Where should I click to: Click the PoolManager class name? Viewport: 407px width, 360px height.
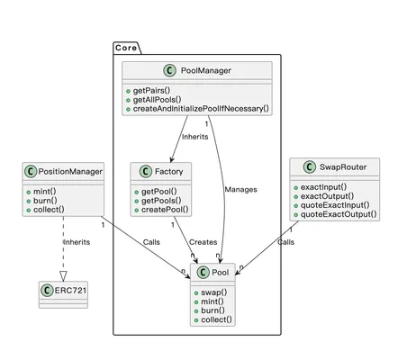click(x=206, y=70)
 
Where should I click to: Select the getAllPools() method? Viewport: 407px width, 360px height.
click(x=157, y=100)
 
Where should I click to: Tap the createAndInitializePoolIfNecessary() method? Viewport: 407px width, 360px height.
click(x=201, y=109)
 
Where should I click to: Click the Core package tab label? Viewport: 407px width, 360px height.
click(x=126, y=48)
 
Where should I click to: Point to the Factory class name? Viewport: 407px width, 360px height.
click(x=168, y=171)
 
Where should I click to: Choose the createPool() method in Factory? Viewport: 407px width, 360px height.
click(x=165, y=210)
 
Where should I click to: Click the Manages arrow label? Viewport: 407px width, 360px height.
click(x=240, y=190)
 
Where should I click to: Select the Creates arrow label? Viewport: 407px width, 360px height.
click(x=203, y=242)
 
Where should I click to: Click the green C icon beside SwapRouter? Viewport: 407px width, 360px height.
click(x=310, y=166)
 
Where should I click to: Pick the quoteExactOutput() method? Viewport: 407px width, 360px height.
click(x=339, y=214)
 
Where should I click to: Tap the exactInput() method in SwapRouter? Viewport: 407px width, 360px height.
click(x=323, y=187)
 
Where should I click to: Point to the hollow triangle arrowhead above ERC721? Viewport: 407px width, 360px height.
click(x=63, y=276)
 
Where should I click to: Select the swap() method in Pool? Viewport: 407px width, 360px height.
click(x=214, y=292)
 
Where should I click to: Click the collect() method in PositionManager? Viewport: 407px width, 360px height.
click(x=49, y=210)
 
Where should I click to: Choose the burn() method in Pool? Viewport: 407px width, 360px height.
click(x=213, y=310)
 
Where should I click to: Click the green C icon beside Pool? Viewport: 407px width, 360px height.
click(x=203, y=272)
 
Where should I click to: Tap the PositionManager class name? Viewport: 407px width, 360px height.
click(x=70, y=172)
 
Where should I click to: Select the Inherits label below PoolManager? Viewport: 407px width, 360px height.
click(x=194, y=137)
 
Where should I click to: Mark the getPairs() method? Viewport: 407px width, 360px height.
click(x=151, y=91)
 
